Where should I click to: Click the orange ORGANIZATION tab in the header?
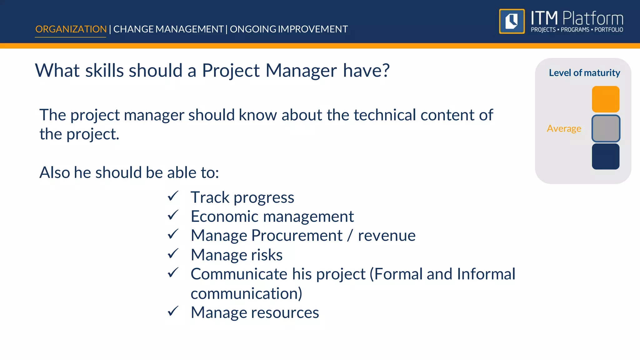click(71, 29)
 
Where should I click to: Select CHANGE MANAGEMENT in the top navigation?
click(168, 29)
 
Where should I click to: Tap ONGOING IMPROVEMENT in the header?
click(289, 29)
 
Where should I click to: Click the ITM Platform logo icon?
click(512, 21)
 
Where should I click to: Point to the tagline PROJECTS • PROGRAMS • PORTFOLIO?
click(577, 30)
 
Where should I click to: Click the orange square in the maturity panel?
click(605, 99)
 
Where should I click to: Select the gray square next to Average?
click(605, 128)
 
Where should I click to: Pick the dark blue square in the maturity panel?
click(605, 156)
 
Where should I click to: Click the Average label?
click(564, 128)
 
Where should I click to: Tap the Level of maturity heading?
click(584, 73)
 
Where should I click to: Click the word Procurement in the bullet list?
click(297, 235)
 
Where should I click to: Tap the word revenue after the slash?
click(387, 236)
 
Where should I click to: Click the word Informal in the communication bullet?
click(486, 274)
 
